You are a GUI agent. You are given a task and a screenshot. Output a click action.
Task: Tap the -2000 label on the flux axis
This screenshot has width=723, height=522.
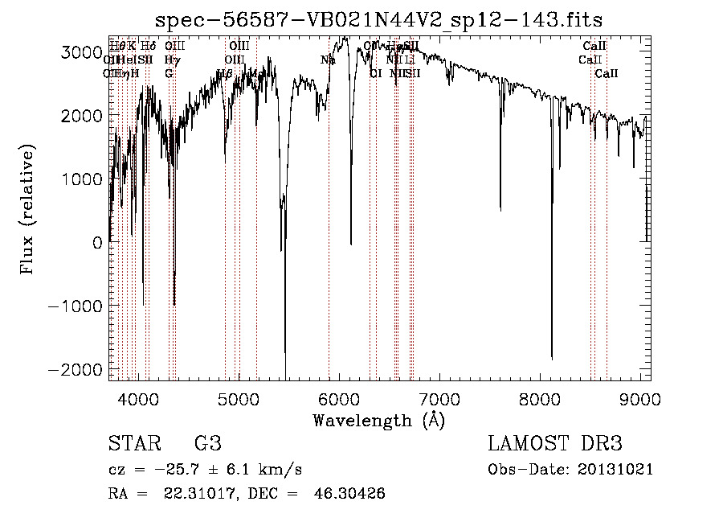coord(77,368)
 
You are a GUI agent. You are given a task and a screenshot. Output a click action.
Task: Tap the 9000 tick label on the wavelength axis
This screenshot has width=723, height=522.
coord(640,398)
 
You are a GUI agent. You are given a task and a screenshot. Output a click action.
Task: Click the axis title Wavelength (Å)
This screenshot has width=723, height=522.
coord(378,420)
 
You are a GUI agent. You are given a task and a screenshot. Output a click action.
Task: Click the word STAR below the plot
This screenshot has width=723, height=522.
coord(133,445)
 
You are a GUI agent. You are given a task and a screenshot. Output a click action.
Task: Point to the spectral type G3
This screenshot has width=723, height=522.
coord(207,445)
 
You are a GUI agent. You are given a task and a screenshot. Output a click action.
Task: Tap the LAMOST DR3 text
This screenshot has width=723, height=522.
coord(555,445)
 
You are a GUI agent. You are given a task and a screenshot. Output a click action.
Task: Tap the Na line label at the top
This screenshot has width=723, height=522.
coord(328,60)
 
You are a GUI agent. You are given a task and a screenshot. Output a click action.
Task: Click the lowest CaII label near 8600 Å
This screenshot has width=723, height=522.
coord(607,74)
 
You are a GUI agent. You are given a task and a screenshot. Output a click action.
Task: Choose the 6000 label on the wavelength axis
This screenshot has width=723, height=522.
coord(339,398)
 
